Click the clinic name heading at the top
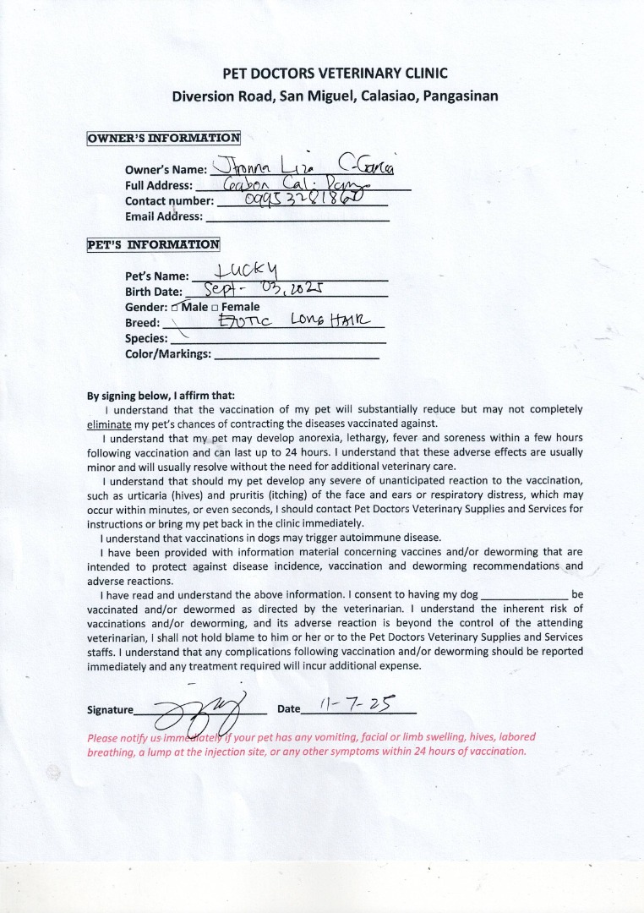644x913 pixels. coord(335,74)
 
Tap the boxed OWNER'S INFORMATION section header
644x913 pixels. coord(164,138)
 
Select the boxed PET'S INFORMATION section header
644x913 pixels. coord(153,245)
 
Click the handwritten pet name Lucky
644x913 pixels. coord(241,272)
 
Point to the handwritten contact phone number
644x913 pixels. coord(303,200)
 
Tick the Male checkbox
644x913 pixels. coord(175,308)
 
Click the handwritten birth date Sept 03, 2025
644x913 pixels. coord(267,290)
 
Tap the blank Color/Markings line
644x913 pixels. coord(297,356)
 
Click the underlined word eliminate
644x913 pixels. coord(110,423)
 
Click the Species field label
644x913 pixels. coord(146,338)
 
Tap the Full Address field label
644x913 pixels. coord(158,186)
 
